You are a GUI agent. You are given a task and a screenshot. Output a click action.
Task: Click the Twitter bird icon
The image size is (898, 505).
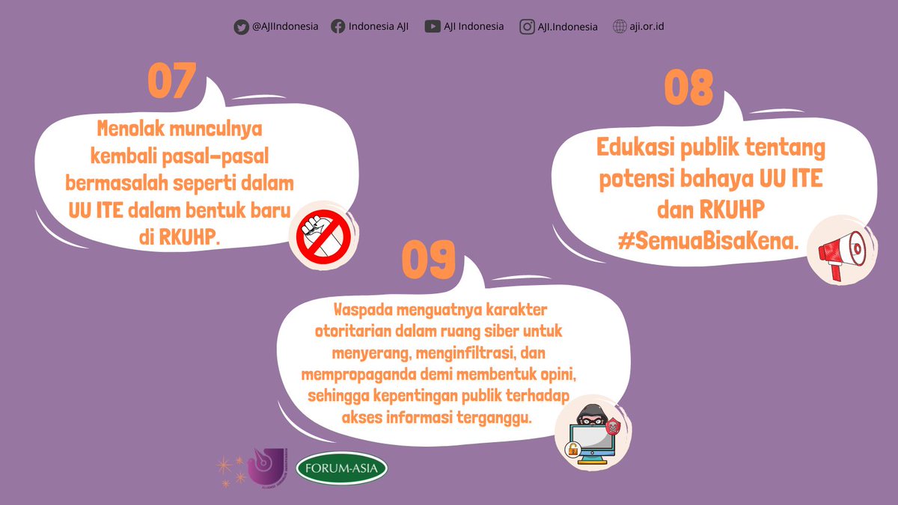pos(241,27)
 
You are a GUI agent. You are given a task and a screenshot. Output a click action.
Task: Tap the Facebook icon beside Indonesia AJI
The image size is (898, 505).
pos(338,27)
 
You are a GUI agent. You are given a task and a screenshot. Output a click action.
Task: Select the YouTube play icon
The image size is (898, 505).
pos(432,27)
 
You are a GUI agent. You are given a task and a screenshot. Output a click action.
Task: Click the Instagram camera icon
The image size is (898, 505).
pos(527,27)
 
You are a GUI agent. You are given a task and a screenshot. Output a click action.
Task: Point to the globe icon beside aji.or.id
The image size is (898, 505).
pos(620,27)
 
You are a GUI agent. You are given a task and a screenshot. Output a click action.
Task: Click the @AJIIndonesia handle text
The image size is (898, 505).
pos(285,27)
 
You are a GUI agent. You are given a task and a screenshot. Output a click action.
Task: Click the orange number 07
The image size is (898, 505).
pos(171,81)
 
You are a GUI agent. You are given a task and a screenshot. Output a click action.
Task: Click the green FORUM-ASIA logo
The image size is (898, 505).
pos(342,469)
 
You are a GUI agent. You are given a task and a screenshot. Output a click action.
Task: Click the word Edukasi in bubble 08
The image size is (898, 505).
pos(638,148)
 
